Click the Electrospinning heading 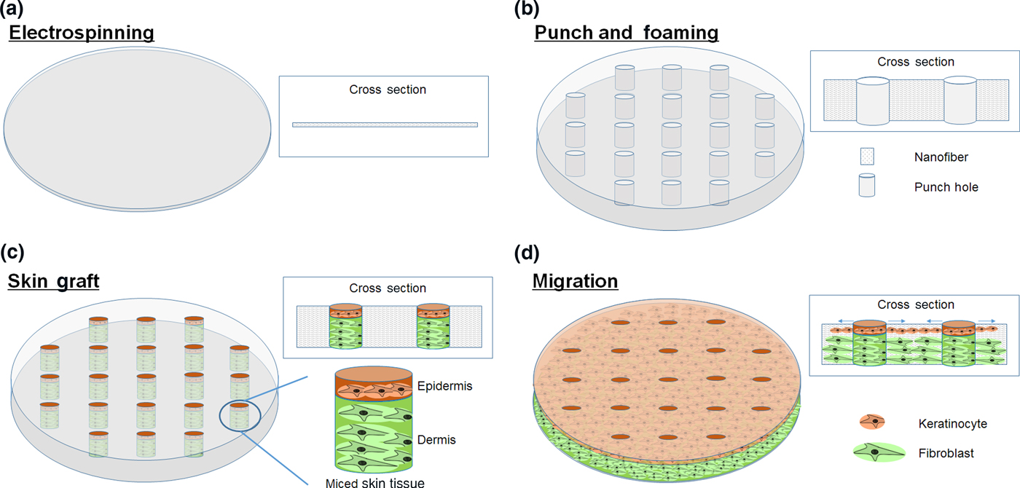click(81, 33)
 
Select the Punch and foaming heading click(626, 33)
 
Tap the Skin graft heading click(53, 280)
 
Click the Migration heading click(576, 280)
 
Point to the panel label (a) click(17, 9)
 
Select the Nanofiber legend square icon click(866, 156)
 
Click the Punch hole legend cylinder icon click(866, 186)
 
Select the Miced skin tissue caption click(376, 482)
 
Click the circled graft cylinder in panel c click(240, 415)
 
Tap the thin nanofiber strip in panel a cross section click(385, 125)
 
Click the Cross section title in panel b click(915, 62)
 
